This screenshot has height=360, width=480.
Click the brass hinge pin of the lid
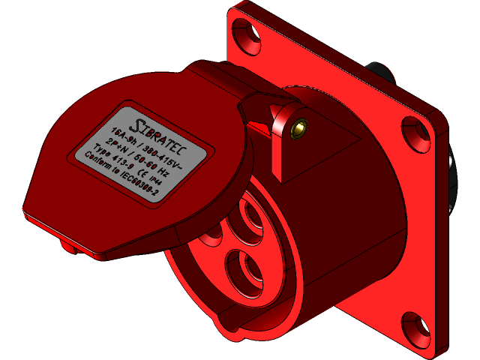click(301, 127)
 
